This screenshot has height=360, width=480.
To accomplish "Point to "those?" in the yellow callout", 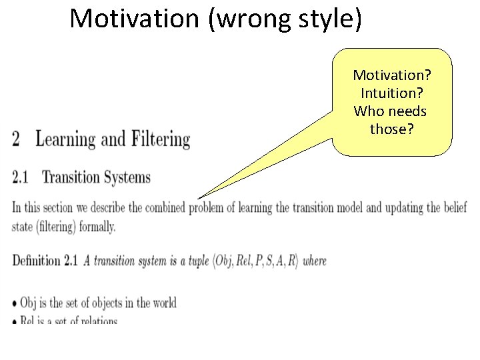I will [x=392, y=129].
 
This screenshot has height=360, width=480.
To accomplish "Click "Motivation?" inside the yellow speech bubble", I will [x=392, y=75].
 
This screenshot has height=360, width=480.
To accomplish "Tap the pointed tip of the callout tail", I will [x=198, y=198].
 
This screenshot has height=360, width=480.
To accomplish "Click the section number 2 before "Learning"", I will [x=17, y=139].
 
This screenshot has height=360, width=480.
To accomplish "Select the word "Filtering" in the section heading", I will [x=161, y=139].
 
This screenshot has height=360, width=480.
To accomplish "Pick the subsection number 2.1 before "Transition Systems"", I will [x=20, y=177].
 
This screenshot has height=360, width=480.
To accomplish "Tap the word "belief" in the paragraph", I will [x=454, y=208].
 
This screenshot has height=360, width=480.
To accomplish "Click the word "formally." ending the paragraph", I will [x=95, y=227].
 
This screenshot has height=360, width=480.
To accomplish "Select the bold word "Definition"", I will [x=36, y=261].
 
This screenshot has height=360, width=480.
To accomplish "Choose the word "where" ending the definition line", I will [x=315, y=261].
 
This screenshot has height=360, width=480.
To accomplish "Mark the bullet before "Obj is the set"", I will [x=15, y=304].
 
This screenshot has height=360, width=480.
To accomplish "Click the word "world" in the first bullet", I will [x=164, y=303].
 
